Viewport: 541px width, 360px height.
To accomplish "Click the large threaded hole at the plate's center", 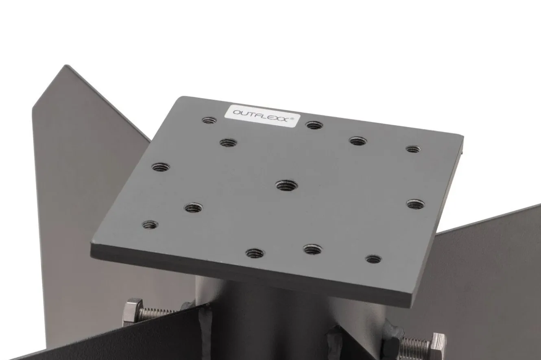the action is click(286, 185).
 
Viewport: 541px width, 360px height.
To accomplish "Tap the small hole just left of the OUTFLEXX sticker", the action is click(209, 120).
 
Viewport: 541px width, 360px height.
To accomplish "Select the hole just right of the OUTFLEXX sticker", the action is click(314, 125).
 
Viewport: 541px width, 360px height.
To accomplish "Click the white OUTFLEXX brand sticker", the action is click(262, 116).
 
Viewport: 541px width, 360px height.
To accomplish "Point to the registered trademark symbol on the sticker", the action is click(292, 118).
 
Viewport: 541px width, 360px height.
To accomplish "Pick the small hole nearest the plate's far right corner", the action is click(413, 149).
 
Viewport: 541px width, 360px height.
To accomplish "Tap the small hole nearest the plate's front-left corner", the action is click(150, 225).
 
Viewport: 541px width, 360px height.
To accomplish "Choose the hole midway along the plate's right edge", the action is click(416, 204).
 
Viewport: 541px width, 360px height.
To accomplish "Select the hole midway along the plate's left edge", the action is click(161, 167).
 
